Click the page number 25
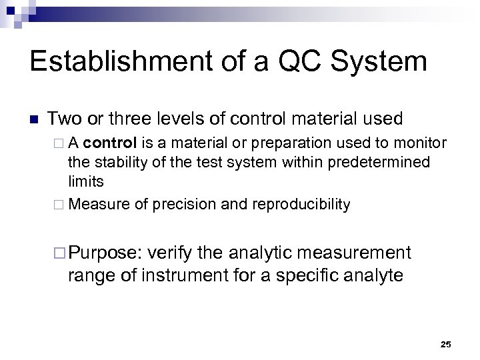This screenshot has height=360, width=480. [x=446, y=344]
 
